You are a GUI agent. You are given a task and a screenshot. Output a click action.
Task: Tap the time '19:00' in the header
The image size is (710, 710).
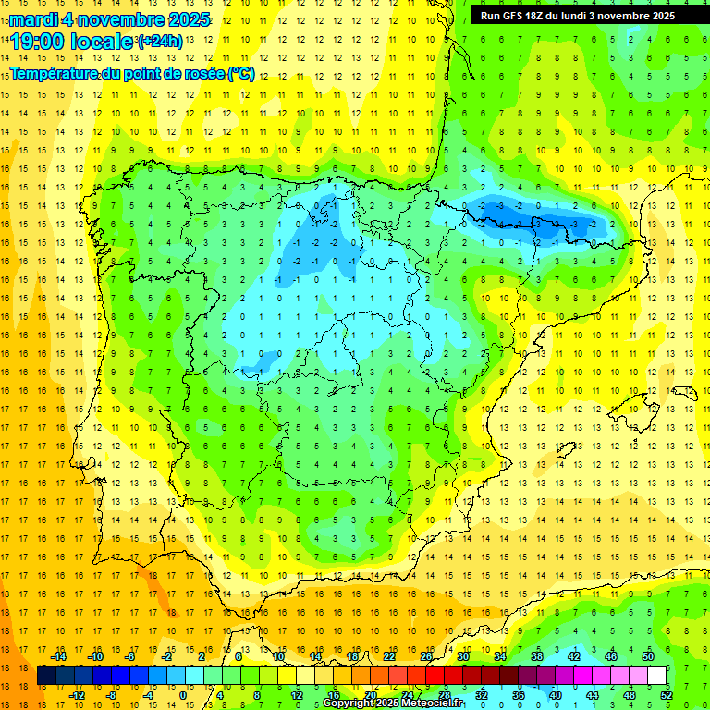[37, 41]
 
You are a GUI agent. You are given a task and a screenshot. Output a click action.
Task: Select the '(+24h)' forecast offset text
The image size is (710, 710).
[160, 41]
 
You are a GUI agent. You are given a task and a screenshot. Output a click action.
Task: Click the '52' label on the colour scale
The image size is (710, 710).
[666, 695]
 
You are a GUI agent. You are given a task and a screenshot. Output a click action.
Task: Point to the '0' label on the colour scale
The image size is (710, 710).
[183, 695]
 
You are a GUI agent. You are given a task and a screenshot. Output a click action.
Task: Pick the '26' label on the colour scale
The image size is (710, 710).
[425, 656]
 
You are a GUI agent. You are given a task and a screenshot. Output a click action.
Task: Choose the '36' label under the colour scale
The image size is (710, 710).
[518, 695]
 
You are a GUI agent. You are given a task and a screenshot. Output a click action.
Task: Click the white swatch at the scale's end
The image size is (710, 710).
[656, 676]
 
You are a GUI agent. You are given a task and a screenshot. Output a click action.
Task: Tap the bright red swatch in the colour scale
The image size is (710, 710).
[435, 676]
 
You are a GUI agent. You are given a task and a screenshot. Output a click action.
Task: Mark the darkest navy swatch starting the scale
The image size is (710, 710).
[46, 676]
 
